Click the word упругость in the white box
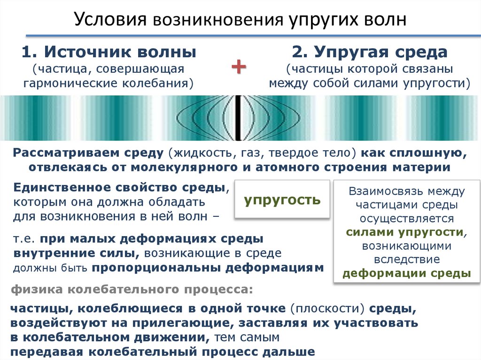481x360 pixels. tap(282, 200)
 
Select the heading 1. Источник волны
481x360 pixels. tap(109, 51)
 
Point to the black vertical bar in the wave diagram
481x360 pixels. tap(239, 117)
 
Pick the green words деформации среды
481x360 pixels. tap(407, 274)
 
